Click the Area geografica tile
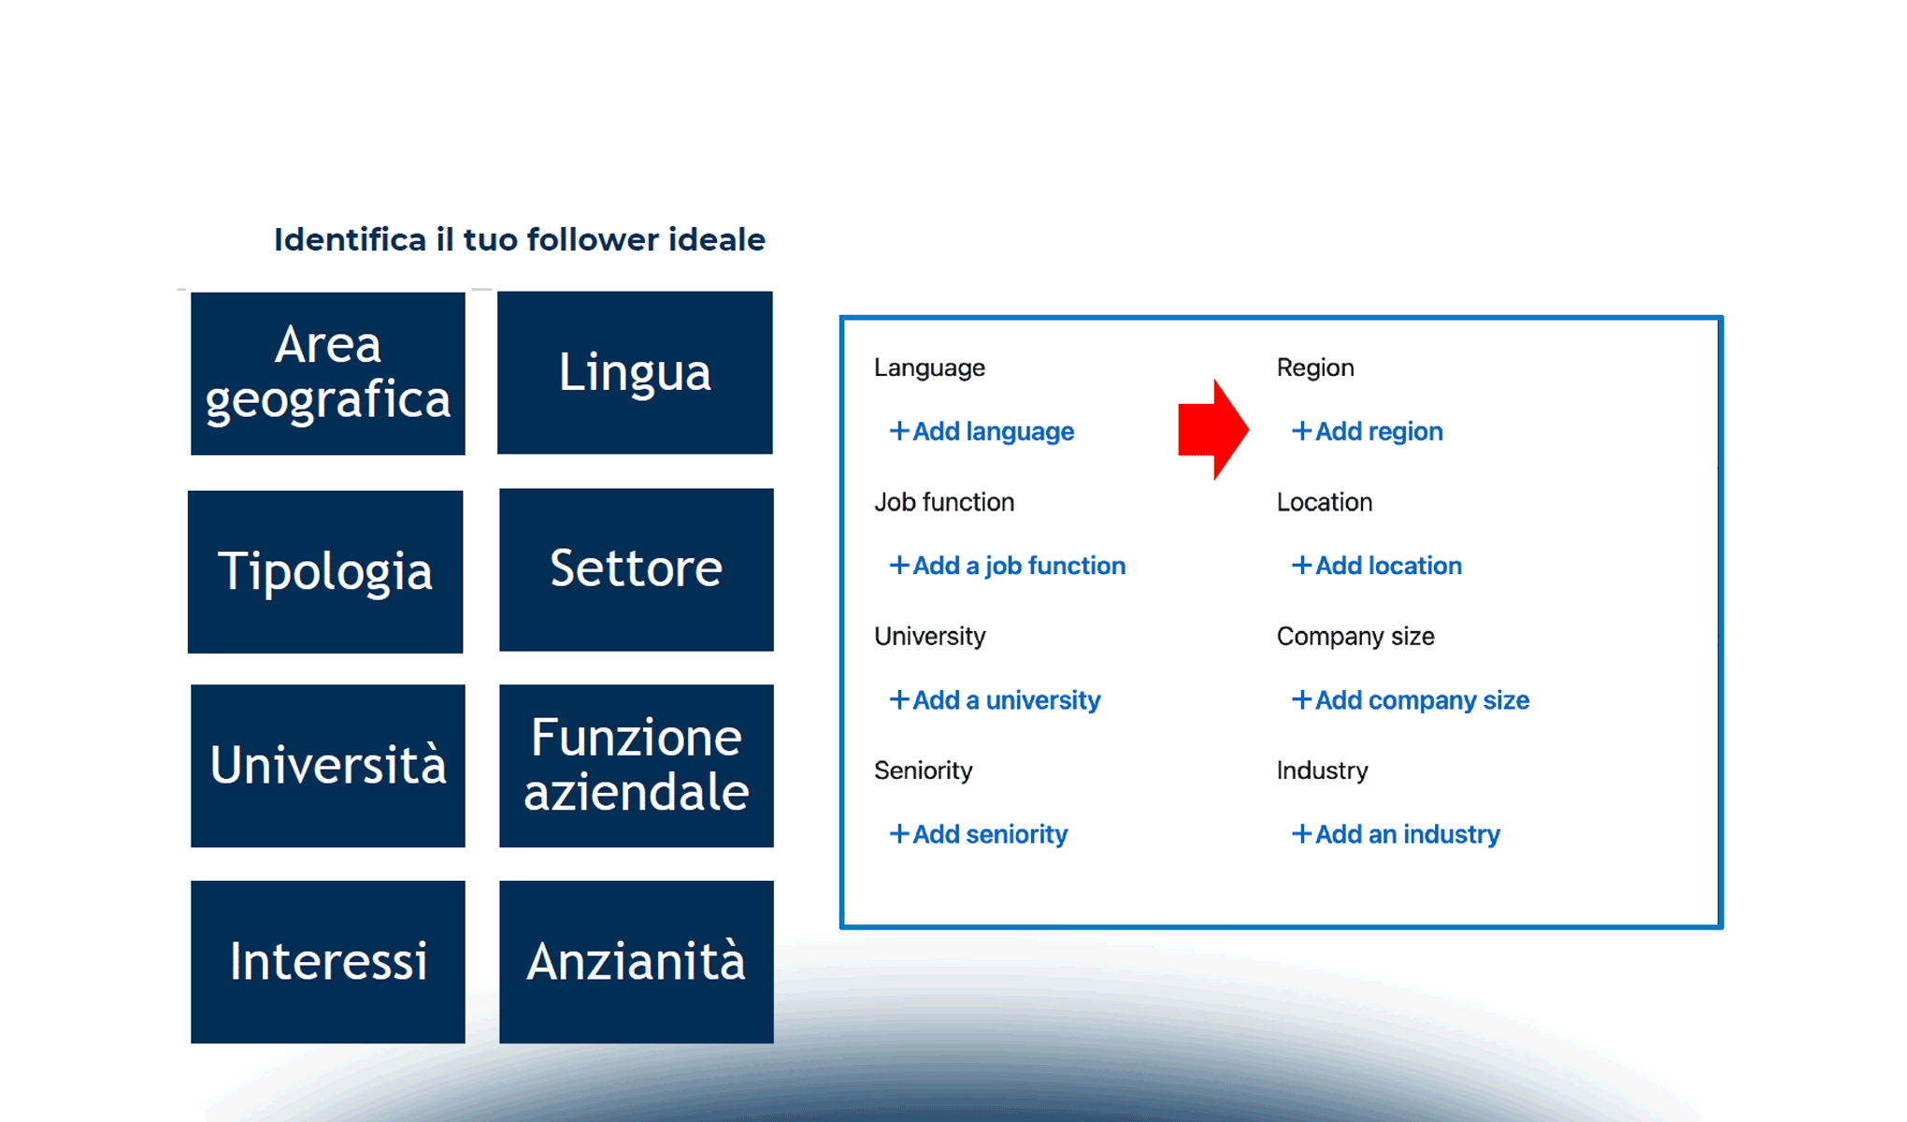tap(327, 373)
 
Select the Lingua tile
tap(635, 372)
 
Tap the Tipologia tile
tap(325, 571)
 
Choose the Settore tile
tap(636, 569)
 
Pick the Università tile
tap(327, 766)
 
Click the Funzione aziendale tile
tap(636, 766)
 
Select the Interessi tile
tap(327, 961)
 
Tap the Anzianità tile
tap(636, 961)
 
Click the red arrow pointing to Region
tap(1212, 430)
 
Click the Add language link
tap(982, 431)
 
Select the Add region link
tap(1367, 431)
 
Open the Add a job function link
tap(1007, 566)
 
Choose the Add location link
tap(1376, 566)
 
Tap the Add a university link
tap(995, 700)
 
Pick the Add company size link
tap(1410, 700)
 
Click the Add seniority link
tap(978, 834)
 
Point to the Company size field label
tap(1355, 637)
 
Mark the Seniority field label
tap(923, 770)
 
